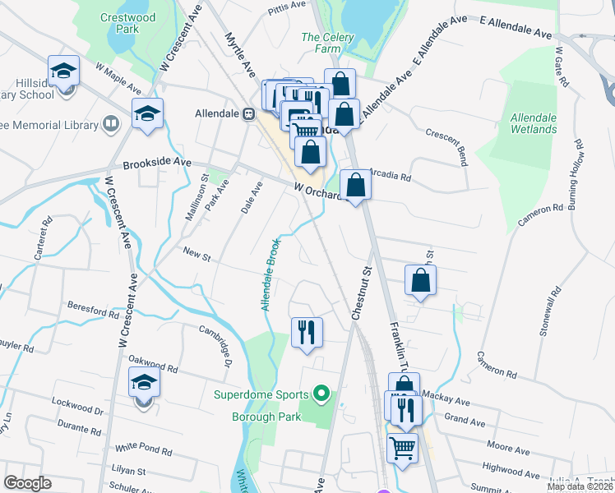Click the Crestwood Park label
pos(127,22)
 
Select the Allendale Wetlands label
pos(534,123)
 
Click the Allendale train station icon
pos(247,114)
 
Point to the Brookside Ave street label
pos(157,164)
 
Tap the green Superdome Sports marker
pos(321,394)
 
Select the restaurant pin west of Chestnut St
pos(307,332)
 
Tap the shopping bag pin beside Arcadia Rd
pos(355,185)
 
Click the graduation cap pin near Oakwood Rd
pos(144,383)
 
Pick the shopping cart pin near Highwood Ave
pos(402,449)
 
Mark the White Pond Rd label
pos(143,449)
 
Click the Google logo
pos(27,483)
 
